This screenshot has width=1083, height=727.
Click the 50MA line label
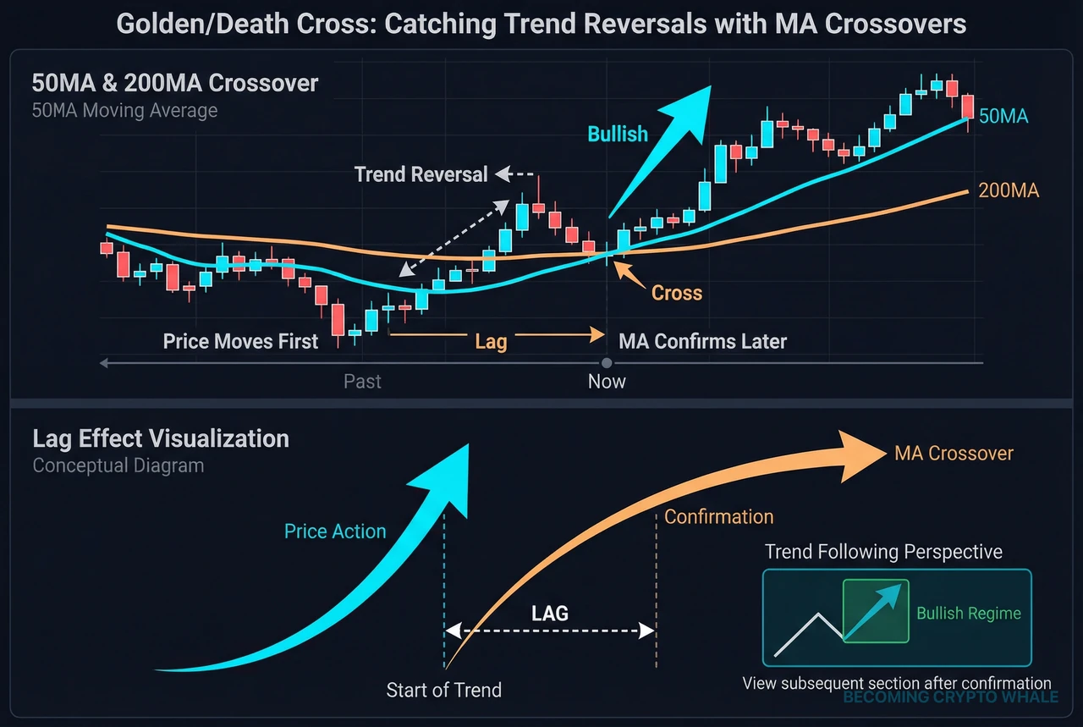click(x=1003, y=117)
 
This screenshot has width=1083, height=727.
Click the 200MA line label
click(x=1008, y=191)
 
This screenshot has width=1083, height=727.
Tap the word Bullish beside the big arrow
click(x=618, y=134)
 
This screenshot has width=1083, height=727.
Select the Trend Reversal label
click(x=421, y=174)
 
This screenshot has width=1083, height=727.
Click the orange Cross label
click(x=677, y=293)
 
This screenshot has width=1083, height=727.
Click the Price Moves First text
click(x=240, y=342)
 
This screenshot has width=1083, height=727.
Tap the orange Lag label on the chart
click(x=491, y=341)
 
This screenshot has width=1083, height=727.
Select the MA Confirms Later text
click(x=702, y=342)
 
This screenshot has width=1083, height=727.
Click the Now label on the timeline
click(x=607, y=382)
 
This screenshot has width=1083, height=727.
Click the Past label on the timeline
click(x=362, y=382)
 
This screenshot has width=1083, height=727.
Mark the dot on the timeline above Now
click(x=607, y=363)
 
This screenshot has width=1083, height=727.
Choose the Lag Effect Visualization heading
click(x=161, y=438)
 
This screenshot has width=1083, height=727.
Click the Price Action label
click(x=335, y=531)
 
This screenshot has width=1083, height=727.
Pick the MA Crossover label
click(x=954, y=454)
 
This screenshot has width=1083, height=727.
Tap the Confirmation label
click(x=718, y=516)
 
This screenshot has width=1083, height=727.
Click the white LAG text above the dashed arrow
click(x=549, y=613)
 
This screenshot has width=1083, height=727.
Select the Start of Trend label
click(x=443, y=690)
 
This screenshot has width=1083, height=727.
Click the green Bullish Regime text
click(x=969, y=614)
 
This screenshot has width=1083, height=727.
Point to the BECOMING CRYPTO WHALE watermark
click(x=950, y=697)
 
